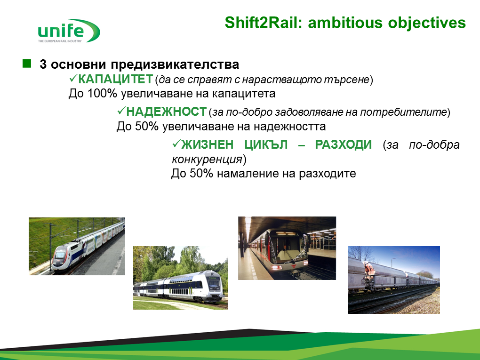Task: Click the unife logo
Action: pyautogui.click(x=69, y=31)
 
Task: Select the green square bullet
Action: pyautogui.click(x=27, y=64)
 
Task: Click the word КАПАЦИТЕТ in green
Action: pyautogui.click(x=115, y=79)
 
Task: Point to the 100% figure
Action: pyautogui.click(x=102, y=93)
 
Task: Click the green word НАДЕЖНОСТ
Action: pyautogui.click(x=167, y=112)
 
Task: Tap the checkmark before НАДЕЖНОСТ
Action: pyautogui.click(x=121, y=111)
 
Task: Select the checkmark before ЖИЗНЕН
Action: pyautogui.click(x=176, y=143)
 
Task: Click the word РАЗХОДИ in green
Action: pyautogui.click(x=344, y=144)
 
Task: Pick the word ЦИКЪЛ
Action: pyautogui.click(x=266, y=144)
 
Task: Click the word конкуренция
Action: pyautogui.click(x=207, y=160)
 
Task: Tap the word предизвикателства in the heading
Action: pyautogui.click(x=175, y=64)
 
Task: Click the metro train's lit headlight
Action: pyautogui.click(x=275, y=267)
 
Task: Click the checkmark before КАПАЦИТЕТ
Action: pyautogui.click(x=73, y=79)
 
